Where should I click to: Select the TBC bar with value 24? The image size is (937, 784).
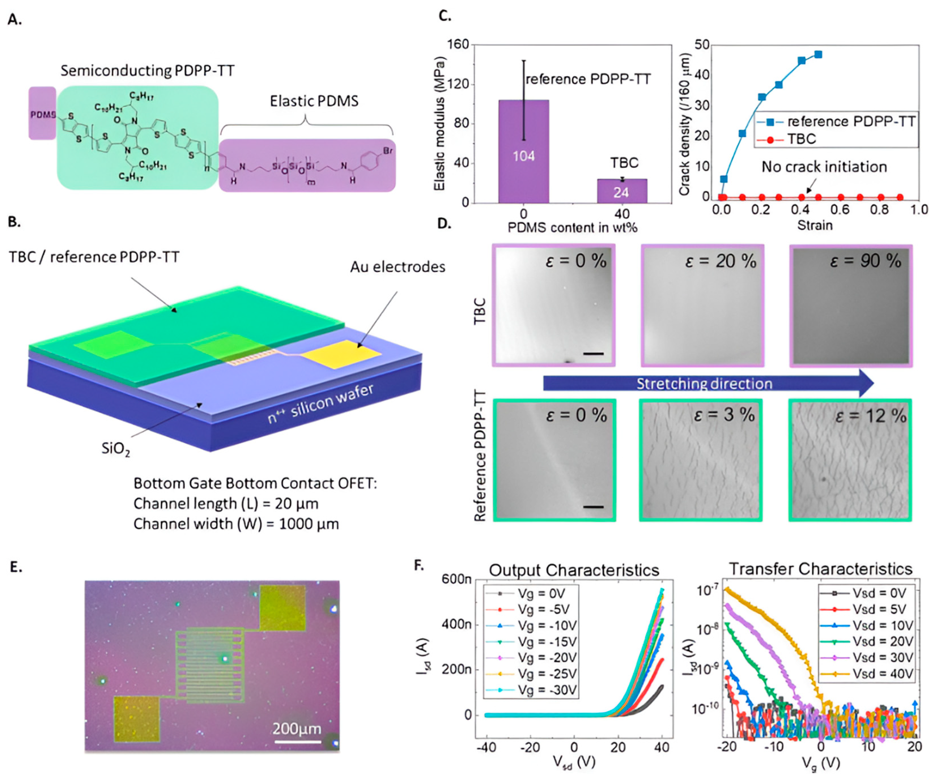622,191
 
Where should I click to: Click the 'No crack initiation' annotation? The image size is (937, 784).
824,167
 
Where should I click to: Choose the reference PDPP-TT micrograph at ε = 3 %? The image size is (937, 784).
700,460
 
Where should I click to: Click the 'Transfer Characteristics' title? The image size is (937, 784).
820,569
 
